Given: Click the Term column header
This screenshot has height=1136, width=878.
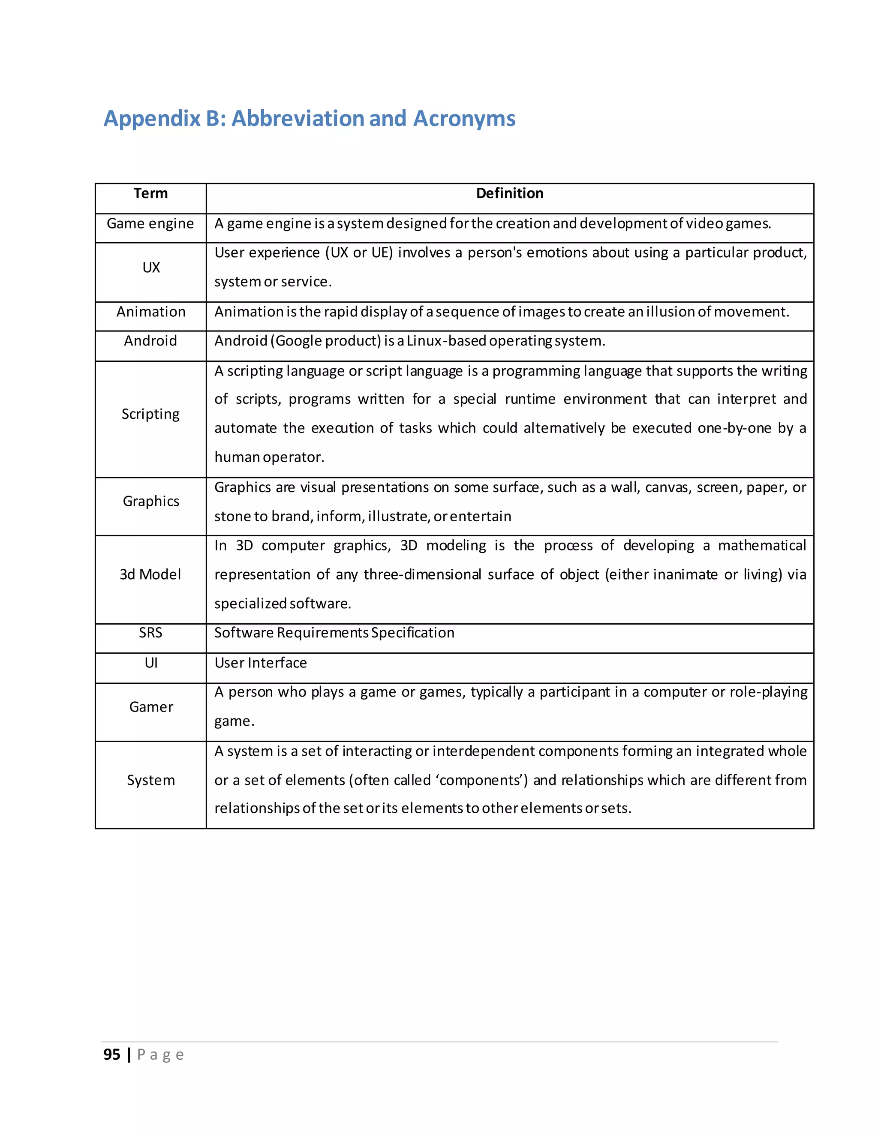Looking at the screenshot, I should pyautogui.click(x=150, y=193).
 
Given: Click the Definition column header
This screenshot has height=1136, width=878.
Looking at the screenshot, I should pyautogui.click(x=509, y=193).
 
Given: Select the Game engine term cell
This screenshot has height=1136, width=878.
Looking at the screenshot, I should pyautogui.click(x=150, y=224).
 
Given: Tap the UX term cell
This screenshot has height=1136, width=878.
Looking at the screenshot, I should pyautogui.click(x=151, y=267).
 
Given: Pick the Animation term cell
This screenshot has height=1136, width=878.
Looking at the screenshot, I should pyautogui.click(x=151, y=312).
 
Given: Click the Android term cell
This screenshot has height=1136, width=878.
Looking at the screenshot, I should pyautogui.click(x=150, y=341).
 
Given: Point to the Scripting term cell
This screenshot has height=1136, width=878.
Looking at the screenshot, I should pyautogui.click(x=150, y=414).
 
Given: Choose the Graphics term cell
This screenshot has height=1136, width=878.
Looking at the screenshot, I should pyautogui.click(x=151, y=501).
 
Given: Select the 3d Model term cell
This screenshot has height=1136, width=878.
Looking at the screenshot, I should pyautogui.click(x=150, y=574).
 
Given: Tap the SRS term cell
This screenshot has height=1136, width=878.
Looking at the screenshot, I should pyautogui.click(x=150, y=632).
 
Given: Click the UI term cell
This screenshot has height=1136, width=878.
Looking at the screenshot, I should pyautogui.click(x=151, y=663).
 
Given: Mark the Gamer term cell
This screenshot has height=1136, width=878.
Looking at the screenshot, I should pyautogui.click(x=151, y=707).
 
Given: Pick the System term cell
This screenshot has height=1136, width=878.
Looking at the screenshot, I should pyautogui.click(x=151, y=780).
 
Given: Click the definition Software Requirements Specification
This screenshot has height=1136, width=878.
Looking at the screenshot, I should pyautogui.click(x=334, y=632).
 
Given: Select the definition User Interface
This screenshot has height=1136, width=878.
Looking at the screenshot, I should pyautogui.click(x=261, y=663).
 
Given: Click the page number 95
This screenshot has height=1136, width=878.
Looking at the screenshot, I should pyautogui.click(x=112, y=1055).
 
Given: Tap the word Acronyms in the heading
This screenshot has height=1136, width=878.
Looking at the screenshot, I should pyautogui.click(x=464, y=119).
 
